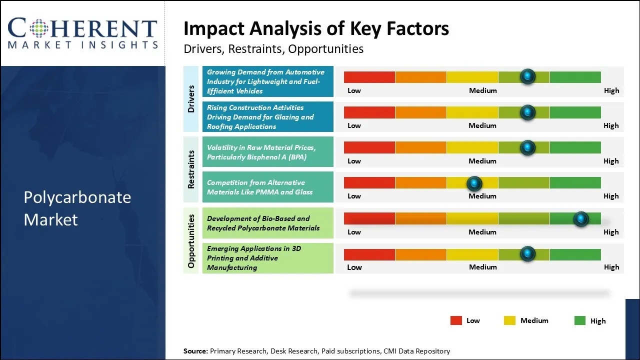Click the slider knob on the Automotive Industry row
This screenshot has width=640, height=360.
point(527,76)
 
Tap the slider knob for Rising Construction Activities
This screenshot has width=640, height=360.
point(527,112)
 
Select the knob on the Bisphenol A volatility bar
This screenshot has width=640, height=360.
point(527,147)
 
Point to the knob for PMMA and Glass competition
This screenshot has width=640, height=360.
point(474,183)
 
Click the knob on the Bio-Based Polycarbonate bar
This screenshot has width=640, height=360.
point(580,219)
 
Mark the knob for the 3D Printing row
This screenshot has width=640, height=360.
point(527,254)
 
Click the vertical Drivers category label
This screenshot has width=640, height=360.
point(191,99)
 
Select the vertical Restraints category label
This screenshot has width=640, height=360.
point(191,169)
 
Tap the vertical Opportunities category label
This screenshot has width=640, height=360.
point(191,240)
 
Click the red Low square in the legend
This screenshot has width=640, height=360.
point(456,320)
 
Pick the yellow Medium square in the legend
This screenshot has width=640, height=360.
point(509,320)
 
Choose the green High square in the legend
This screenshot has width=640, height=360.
point(580,320)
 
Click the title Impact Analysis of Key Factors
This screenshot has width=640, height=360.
point(316,29)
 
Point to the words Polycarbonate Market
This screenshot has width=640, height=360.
point(77,208)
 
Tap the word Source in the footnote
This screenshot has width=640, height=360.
point(195,351)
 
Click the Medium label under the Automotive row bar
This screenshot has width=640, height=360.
point(482,90)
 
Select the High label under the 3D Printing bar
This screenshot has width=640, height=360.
point(611,267)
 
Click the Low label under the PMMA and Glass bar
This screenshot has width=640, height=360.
point(354,196)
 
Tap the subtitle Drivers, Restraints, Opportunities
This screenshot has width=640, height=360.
point(273,49)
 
